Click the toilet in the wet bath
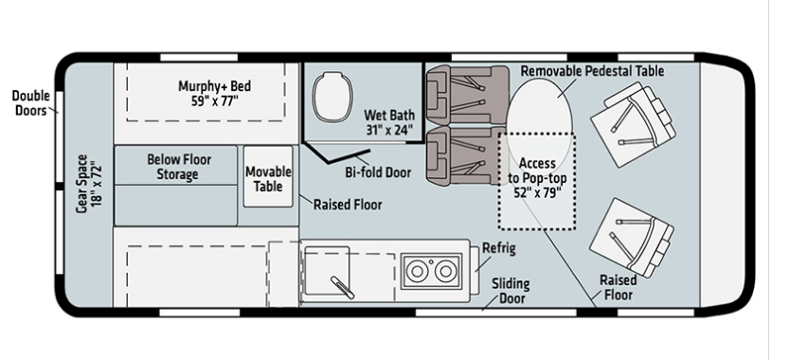[332, 97]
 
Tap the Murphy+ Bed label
[214, 93]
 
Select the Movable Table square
[268, 176]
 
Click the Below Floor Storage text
[179, 167]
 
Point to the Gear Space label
[89, 183]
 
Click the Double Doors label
[30, 102]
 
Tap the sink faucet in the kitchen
[342, 287]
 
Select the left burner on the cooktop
[417, 271]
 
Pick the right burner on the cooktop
[445, 271]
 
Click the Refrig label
[498, 249]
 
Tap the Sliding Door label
[511, 291]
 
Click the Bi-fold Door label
[378, 172]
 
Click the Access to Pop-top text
[537, 171]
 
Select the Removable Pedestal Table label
[592, 71]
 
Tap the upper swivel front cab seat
[633, 124]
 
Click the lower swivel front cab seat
[632, 237]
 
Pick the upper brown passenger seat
[467, 95]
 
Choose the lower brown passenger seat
[466, 155]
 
